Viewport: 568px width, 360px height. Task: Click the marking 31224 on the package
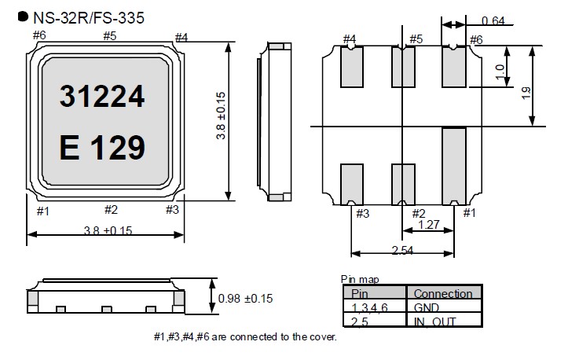(102, 97)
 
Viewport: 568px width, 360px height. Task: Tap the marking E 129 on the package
(102, 146)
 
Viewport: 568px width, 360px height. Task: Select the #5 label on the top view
(109, 35)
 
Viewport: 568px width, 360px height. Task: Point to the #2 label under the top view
(111, 210)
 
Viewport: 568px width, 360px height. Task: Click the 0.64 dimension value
(493, 20)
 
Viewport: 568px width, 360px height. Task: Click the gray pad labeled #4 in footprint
(351, 67)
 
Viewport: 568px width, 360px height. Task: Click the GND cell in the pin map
(426, 307)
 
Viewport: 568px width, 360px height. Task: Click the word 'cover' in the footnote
(319, 336)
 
